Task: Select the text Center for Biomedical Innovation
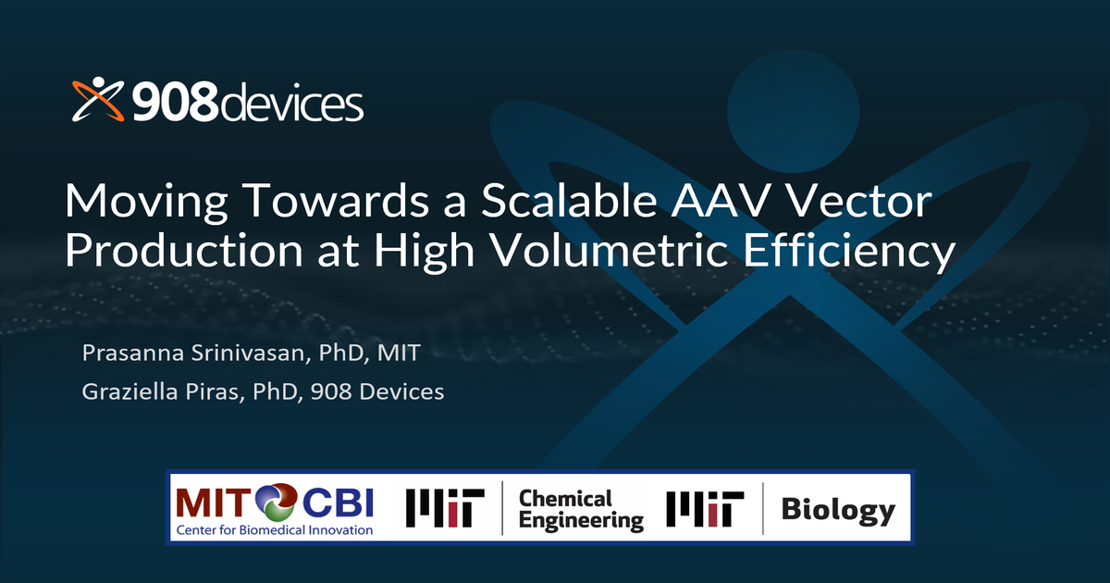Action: pos(274,530)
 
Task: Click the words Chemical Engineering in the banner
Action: pos(580,510)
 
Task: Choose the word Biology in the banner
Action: pos(838,510)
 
